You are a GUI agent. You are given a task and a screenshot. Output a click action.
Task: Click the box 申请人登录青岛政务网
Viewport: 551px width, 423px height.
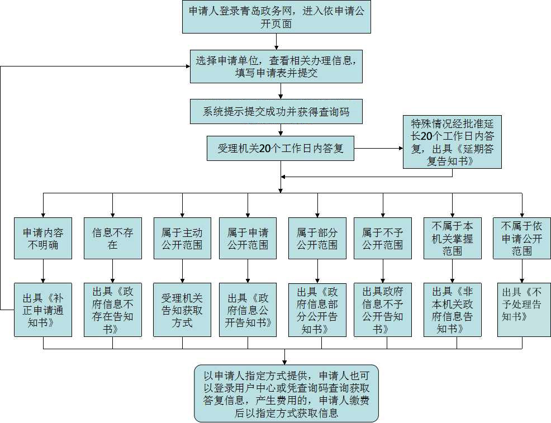coord(277,17)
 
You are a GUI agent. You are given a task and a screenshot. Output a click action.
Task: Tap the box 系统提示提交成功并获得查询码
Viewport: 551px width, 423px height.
coord(277,112)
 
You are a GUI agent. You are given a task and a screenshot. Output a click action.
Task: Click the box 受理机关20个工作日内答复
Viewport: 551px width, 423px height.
coord(280,149)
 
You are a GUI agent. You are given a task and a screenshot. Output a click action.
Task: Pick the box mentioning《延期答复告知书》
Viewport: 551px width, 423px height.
coord(452,141)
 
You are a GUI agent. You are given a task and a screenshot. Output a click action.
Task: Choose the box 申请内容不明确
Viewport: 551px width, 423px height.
coord(43,238)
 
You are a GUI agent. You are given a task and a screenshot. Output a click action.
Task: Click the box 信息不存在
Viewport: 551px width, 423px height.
coord(112,238)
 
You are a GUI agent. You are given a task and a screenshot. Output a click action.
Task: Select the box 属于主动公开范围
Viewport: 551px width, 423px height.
coord(182,238)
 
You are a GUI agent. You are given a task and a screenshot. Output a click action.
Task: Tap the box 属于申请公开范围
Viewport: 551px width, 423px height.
coord(248,238)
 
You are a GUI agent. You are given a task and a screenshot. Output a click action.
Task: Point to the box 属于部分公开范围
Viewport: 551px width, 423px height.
coord(317,238)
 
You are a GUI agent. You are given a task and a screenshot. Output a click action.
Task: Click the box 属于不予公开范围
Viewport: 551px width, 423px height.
coord(382,238)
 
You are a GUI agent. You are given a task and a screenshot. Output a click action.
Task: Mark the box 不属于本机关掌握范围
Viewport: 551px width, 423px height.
coord(452,238)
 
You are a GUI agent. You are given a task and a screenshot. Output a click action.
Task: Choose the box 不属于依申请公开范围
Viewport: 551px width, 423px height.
coord(521,238)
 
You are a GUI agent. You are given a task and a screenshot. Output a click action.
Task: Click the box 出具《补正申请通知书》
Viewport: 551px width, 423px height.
coord(43,310)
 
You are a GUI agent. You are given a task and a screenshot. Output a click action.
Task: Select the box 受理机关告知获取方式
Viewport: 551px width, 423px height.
coord(182,310)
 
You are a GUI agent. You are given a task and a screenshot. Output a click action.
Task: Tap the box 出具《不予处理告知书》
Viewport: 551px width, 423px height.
coord(524,310)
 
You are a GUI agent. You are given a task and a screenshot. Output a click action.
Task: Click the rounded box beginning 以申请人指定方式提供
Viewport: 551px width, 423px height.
coord(286,393)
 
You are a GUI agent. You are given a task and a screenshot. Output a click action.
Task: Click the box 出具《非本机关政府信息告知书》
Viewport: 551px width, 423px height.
coord(452,310)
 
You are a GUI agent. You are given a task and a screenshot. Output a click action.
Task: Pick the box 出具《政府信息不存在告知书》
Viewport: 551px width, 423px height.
coord(112,310)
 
